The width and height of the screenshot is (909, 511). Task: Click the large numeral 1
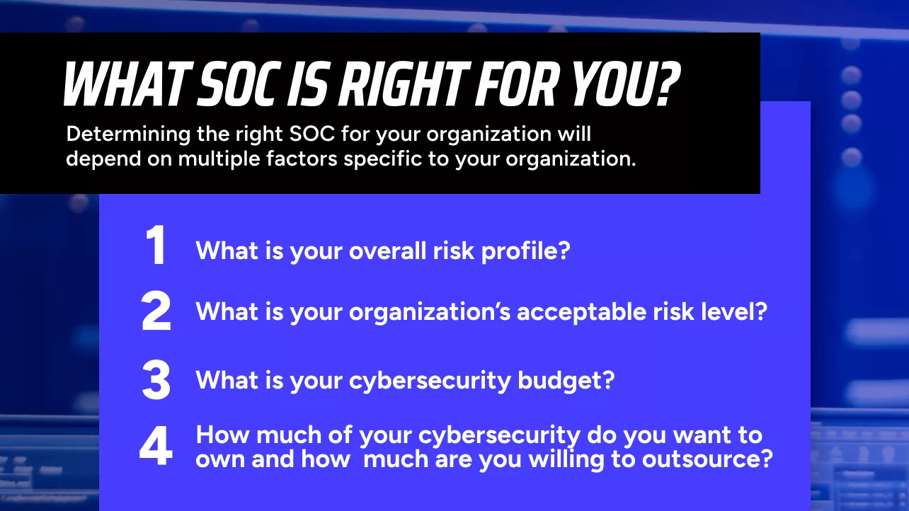coord(156,245)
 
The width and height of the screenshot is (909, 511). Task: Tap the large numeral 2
coord(156,311)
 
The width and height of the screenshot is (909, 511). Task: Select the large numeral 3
coord(156,380)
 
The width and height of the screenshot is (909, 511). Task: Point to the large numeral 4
coord(156,445)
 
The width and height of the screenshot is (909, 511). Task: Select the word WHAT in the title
coord(127,84)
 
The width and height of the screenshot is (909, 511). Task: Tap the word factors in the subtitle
coord(302,159)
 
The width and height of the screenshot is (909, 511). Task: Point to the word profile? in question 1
coord(525,251)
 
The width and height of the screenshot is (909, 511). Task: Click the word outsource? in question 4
coord(707,459)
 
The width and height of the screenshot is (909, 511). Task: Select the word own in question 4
coord(220,460)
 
